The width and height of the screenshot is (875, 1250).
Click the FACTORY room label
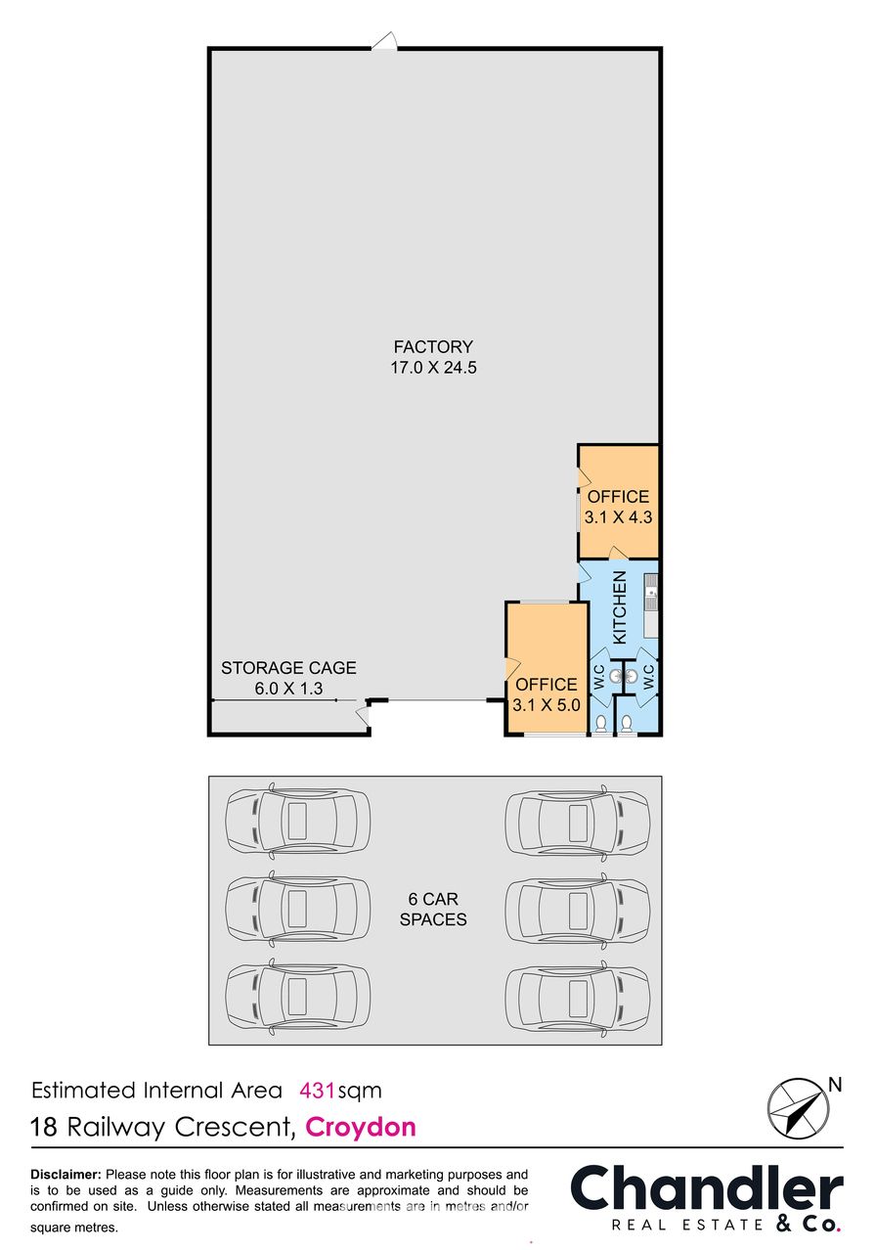[x=433, y=347]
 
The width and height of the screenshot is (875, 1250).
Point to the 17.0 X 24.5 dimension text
[x=433, y=368]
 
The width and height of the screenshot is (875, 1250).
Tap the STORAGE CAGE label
[x=288, y=667]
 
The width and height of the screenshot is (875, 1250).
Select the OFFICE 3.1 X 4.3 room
[x=618, y=502]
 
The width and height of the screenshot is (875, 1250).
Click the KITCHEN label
[x=620, y=607]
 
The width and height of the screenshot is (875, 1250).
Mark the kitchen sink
[x=651, y=593]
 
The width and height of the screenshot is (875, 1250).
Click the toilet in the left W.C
[x=600, y=724]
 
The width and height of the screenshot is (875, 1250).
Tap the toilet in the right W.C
[x=627, y=724]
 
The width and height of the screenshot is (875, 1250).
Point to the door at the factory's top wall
[x=384, y=41]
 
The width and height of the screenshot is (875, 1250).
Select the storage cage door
[x=363, y=715]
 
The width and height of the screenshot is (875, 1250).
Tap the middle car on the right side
[x=578, y=909]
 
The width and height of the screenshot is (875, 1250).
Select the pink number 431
[x=318, y=1091]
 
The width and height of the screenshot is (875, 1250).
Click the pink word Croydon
[x=360, y=1127]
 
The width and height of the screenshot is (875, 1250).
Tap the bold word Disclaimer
[x=66, y=1175]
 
